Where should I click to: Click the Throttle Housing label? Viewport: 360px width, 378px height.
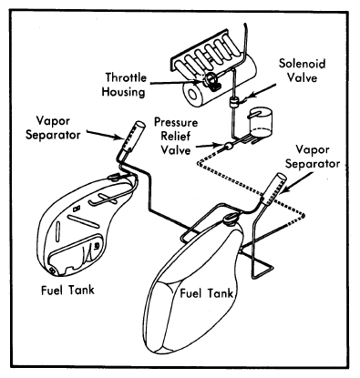coord(124,85)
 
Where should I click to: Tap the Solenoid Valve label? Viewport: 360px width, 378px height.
coord(302,70)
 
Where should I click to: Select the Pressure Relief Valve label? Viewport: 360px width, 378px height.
coord(176,137)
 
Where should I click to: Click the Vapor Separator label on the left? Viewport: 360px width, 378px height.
coord(53,128)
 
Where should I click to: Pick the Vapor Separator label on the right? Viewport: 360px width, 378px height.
coord(313,157)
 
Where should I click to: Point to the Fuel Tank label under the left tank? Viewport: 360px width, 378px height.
coord(67,290)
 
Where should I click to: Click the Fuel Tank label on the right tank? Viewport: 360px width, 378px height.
coord(207,293)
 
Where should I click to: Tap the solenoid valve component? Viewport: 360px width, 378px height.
coord(233,102)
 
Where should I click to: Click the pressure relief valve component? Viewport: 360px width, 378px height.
coord(228,147)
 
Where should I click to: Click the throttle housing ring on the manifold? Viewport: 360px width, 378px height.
coord(210,79)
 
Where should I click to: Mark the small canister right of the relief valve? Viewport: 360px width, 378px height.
coord(260,123)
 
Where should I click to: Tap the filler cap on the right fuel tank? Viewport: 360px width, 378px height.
coord(231,218)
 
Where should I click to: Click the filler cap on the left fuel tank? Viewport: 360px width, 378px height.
coord(114,177)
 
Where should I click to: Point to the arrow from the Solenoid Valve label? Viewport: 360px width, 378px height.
coord(259,92)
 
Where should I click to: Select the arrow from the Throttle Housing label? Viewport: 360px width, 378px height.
coord(175,82)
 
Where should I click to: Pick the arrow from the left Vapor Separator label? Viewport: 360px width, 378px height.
coord(105,135)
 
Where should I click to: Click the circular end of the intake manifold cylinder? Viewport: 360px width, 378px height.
coord(192,95)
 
